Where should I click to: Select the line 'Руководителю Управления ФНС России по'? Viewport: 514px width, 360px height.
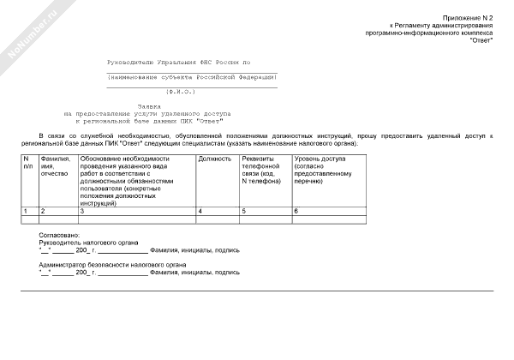178,63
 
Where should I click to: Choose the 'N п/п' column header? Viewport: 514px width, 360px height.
28,163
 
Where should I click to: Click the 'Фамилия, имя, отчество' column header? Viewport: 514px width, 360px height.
57,166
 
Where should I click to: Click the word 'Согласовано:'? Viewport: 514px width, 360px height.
59,235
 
